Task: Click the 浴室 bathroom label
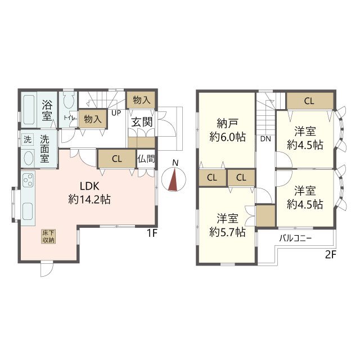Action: (x=47, y=110)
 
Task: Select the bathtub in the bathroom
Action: (x=29, y=110)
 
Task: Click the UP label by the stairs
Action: (x=116, y=113)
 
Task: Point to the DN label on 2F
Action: (x=265, y=139)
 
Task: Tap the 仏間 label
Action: (x=146, y=159)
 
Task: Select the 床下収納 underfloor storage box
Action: (x=48, y=236)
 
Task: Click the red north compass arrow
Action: (x=174, y=179)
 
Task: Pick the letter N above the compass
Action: (x=175, y=163)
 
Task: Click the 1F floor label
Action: (x=151, y=233)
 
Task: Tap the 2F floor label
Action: (x=331, y=255)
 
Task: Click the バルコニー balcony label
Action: (x=295, y=238)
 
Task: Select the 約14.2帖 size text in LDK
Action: (x=89, y=199)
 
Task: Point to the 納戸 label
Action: (x=227, y=124)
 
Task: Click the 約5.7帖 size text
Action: (x=227, y=232)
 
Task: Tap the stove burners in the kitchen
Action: (x=28, y=180)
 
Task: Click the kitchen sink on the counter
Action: (x=28, y=211)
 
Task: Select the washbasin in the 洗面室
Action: (x=29, y=157)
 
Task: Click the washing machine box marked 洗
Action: (x=28, y=139)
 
